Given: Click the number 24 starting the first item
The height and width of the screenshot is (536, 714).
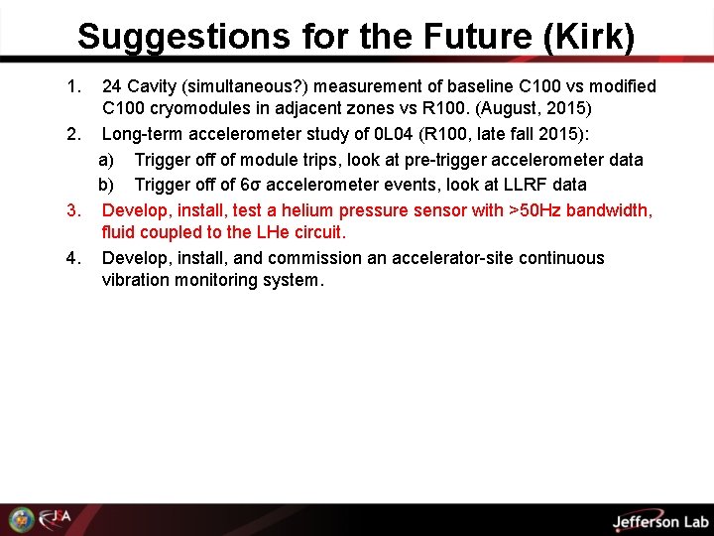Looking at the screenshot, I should click(x=112, y=86).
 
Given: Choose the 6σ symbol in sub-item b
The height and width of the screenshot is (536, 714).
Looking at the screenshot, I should click(x=252, y=185).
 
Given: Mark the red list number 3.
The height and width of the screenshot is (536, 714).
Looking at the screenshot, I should click(x=72, y=209).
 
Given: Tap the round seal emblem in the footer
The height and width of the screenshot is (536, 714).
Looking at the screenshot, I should click(x=21, y=519).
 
